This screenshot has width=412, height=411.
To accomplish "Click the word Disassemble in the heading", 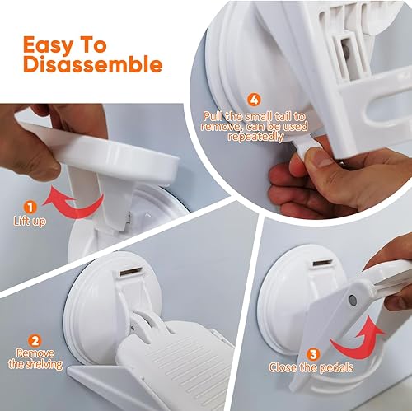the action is pyautogui.click(x=92, y=64).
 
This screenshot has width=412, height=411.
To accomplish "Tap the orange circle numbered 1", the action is pyautogui.click(x=30, y=207).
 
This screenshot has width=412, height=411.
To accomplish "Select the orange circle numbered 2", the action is pyautogui.click(x=35, y=341).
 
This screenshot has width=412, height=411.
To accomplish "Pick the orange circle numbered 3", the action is pyautogui.click(x=312, y=354).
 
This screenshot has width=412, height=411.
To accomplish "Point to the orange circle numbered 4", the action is pyautogui.click(x=254, y=100).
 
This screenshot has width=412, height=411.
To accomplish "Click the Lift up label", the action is pyautogui.click(x=30, y=221).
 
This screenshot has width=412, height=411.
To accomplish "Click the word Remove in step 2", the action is pyautogui.click(x=35, y=353).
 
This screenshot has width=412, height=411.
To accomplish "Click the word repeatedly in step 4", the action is pyautogui.click(x=255, y=137).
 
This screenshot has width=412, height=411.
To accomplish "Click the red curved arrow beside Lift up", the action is pyautogui.click(x=72, y=202).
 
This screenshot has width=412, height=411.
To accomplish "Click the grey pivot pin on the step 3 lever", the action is pyautogui.click(x=352, y=300).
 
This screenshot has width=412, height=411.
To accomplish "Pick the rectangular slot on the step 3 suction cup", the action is pyautogui.click(x=324, y=263).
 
